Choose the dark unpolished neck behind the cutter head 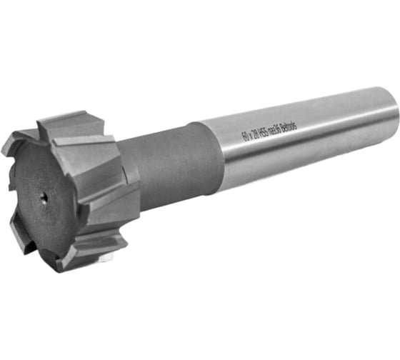[168, 171]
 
